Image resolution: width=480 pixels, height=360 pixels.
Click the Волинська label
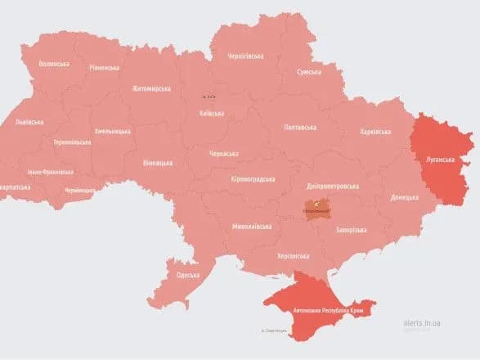click(54, 64)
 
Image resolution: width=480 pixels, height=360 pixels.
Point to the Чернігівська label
click(245, 56)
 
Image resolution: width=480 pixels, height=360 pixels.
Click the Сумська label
click(308, 72)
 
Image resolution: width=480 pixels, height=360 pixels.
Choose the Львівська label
click(29, 122)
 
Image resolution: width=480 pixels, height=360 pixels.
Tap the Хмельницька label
click(112, 131)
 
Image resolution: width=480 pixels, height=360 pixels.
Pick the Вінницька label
click(158, 163)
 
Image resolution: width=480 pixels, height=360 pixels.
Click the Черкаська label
click(223, 154)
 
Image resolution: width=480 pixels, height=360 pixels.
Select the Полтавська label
click(299, 128)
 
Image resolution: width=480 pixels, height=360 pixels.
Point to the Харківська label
click(375, 132)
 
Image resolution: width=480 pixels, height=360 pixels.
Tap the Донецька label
click(404, 197)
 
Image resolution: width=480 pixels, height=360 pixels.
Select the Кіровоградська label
click(252, 178)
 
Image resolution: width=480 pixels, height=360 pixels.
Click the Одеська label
click(187, 275)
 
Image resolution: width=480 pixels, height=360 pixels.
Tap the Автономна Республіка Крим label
click(325, 311)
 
